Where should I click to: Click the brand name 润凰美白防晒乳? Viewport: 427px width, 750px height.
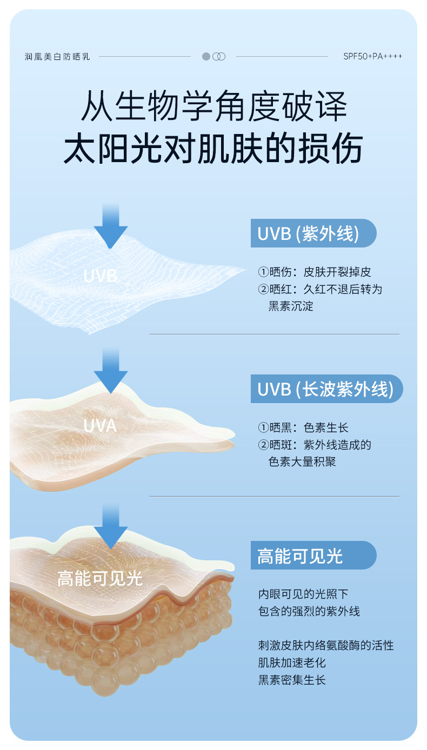point(57,56)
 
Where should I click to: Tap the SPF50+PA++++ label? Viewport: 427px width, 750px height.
point(372,56)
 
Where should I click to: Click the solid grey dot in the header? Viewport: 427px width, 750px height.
point(206,56)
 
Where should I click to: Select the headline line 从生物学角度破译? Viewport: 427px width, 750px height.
point(213,106)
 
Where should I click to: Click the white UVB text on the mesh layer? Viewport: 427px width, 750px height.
point(101,276)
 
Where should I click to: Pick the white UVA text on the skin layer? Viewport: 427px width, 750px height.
point(101,426)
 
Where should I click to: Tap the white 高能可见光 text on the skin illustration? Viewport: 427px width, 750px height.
point(101,579)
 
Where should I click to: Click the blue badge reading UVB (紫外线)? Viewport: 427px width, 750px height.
point(313,233)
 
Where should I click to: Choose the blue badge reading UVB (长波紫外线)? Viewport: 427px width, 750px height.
point(326,389)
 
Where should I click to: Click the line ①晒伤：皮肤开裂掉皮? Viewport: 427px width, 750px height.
point(315,272)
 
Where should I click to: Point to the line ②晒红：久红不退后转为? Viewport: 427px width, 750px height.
point(320,289)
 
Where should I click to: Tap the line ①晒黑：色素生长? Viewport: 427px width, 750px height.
point(303,428)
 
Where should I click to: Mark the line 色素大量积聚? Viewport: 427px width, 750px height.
point(302,463)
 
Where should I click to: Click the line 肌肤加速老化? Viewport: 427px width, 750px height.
point(292,662)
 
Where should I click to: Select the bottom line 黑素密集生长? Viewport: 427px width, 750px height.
point(292,680)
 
